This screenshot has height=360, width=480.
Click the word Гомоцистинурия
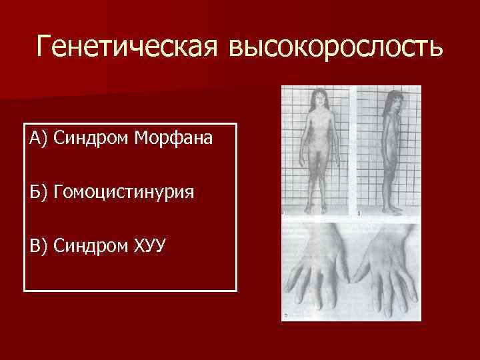[x=123, y=193]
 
